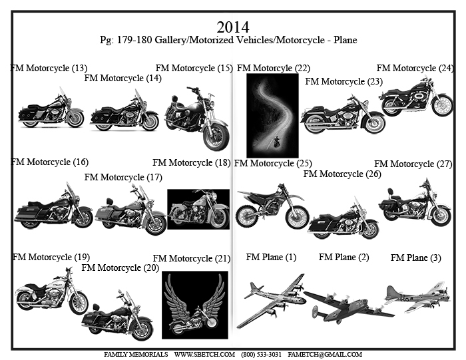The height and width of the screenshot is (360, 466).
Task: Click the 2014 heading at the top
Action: (x=233, y=27)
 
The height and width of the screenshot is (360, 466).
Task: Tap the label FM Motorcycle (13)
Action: (x=49, y=69)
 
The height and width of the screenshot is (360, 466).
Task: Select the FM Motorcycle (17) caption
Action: (x=123, y=177)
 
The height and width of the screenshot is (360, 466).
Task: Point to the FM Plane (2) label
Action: (x=344, y=258)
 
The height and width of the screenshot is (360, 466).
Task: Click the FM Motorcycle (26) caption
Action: (x=342, y=174)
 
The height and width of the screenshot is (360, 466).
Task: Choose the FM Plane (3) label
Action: (x=416, y=258)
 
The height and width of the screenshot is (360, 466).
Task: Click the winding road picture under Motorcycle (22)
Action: (x=272, y=116)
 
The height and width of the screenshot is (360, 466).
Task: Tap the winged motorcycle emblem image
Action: (x=195, y=305)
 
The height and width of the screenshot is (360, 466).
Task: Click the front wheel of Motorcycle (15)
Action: (x=216, y=137)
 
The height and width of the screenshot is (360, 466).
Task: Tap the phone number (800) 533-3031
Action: (x=261, y=355)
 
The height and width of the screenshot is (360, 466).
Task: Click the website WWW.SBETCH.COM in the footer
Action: (x=204, y=355)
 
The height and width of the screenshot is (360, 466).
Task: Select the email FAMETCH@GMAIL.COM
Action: (x=325, y=355)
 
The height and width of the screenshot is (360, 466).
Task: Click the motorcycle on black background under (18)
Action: (x=198, y=209)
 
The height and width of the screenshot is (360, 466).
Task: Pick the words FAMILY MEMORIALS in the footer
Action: (x=136, y=355)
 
